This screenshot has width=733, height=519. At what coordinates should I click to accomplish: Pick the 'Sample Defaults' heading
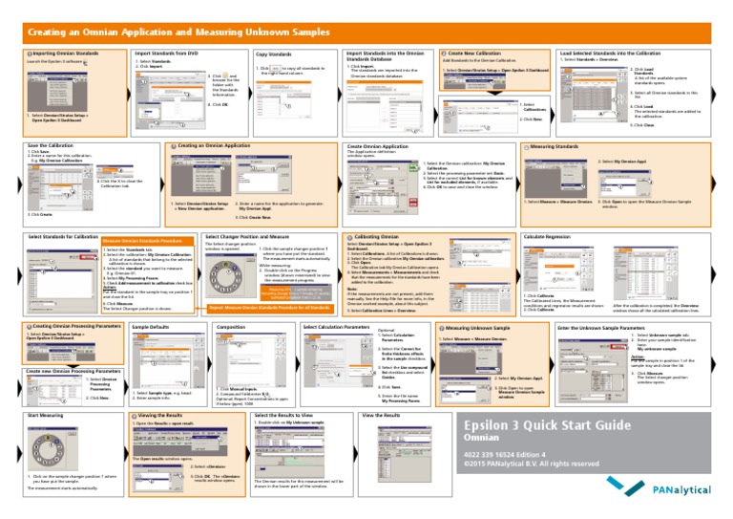tap(151, 327)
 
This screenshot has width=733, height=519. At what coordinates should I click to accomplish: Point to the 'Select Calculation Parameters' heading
tap(336, 327)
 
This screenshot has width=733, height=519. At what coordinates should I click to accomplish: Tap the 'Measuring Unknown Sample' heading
tap(476, 327)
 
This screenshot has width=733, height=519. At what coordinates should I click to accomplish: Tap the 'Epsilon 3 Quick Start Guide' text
tap(545, 425)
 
